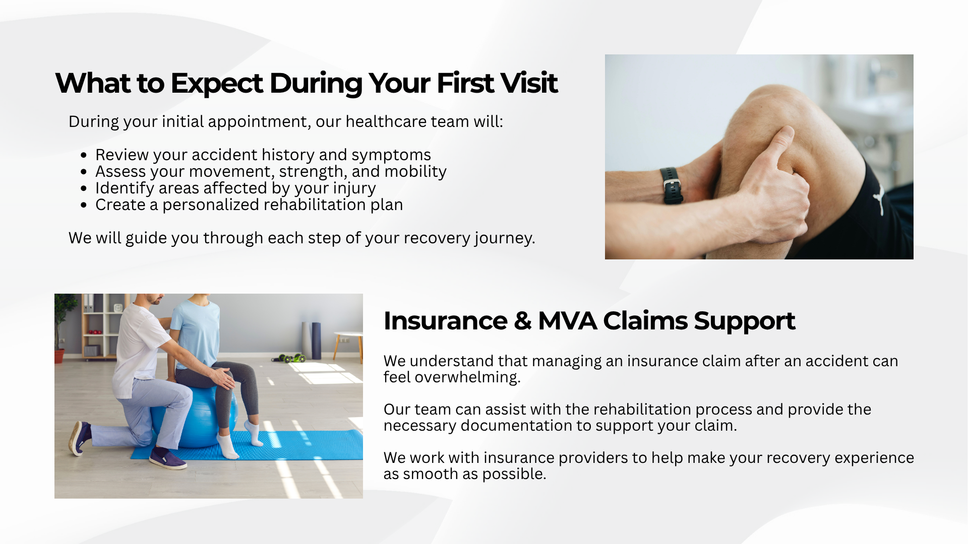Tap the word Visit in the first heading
[x=528, y=83]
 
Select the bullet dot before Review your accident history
[x=84, y=155]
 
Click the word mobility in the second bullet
[x=415, y=172]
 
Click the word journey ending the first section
[x=505, y=238]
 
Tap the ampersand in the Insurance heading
[x=522, y=321]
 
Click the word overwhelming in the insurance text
[x=467, y=377]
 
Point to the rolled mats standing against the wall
[x=311, y=341]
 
